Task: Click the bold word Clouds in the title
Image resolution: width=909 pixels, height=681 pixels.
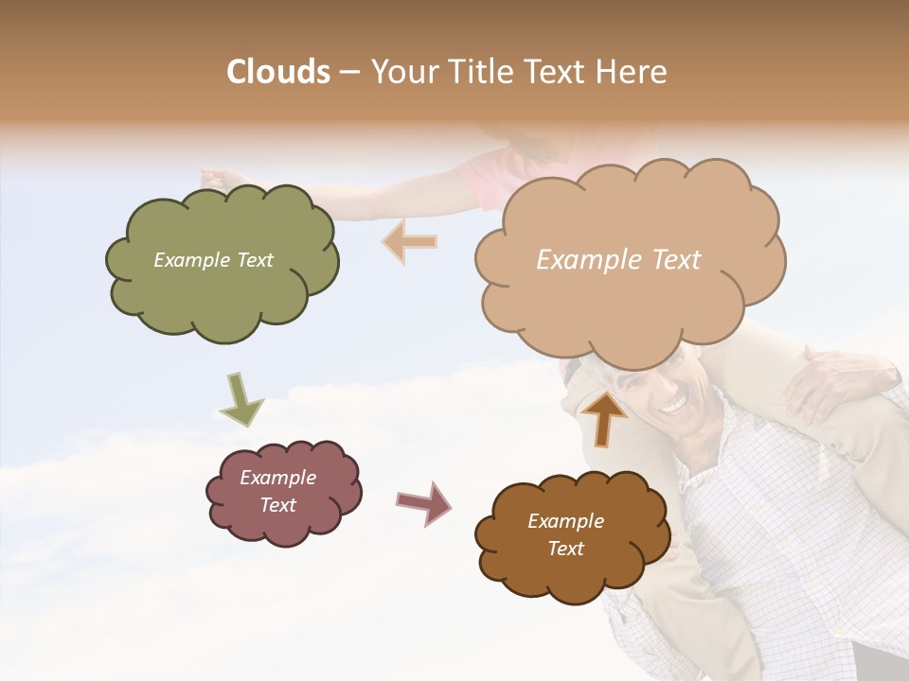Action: coord(278,72)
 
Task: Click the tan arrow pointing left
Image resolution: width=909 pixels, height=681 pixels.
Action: coord(410,241)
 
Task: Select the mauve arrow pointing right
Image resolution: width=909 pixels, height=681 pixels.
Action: coord(423,502)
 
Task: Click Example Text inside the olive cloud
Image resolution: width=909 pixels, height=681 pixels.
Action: coord(213,260)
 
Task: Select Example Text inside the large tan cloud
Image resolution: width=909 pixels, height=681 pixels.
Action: coord(618,260)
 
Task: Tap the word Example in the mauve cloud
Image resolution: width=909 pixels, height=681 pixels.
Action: coord(277,478)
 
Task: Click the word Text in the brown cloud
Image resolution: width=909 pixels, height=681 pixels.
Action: coord(565,549)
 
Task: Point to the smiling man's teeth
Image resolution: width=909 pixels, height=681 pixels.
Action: coord(675,407)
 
